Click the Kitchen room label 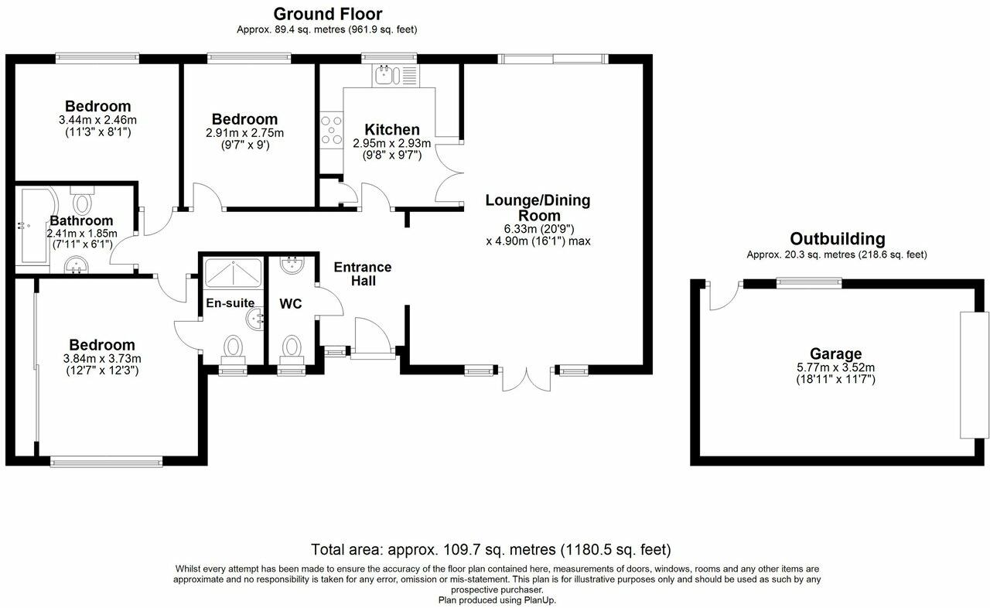392,130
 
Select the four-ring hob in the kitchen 332,130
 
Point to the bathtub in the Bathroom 36,227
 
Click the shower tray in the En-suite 234,274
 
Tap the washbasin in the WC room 292,265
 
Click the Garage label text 835,354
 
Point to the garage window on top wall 809,283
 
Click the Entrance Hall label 363,274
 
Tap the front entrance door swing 372,336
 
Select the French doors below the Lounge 526,379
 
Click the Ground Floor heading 328,14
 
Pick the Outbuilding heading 838,239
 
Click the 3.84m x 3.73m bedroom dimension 102,359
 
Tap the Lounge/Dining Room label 538,207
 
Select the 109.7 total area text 491,550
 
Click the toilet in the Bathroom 82,201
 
